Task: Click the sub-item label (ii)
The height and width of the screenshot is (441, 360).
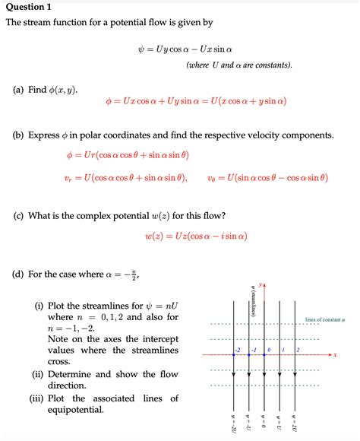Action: coord(39,374)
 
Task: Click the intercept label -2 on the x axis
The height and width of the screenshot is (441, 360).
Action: coord(238,349)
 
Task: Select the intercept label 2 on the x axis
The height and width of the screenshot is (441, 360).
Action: coord(298,349)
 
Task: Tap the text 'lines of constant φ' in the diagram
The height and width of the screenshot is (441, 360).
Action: coord(324,319)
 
